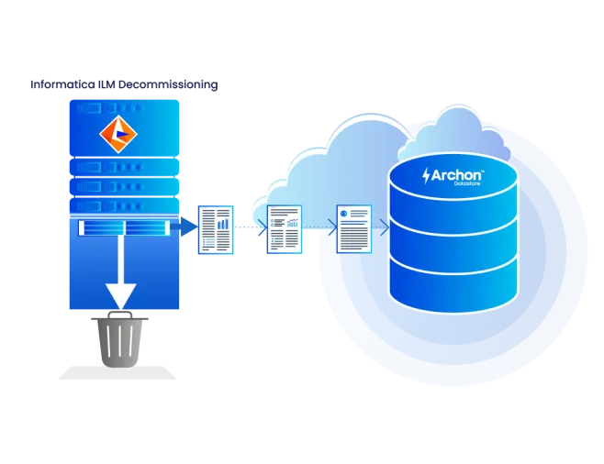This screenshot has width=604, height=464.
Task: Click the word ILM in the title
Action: pos(106,84)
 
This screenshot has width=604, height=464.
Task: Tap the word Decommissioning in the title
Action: pos(168,85)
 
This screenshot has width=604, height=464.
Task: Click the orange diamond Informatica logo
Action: pos(118,134)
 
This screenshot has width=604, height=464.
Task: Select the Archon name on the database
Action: pos(456,175)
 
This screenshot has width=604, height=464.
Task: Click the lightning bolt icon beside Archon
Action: pos(426,176)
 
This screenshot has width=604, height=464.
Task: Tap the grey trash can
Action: pos(119,339)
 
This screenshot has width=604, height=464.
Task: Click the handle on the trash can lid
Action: pos(120,315)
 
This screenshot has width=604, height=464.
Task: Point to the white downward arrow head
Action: pos(121,296)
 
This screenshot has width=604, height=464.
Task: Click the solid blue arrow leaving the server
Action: pos(185,226)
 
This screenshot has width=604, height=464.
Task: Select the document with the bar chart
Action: pos(216,229)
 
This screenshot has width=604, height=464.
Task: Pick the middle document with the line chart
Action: pos(285,229)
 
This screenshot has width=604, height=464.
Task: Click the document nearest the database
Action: pos(354,229)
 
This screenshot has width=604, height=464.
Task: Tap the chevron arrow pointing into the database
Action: pos(385,227)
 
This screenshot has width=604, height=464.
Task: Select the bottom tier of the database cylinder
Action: pos(453,283)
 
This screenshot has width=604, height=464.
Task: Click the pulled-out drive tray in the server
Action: pos(124,227)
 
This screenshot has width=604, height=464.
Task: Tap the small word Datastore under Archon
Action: pos(467,183)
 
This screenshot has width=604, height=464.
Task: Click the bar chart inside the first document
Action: pos(223,224)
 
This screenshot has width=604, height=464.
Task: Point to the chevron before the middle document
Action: pos(263,227)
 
